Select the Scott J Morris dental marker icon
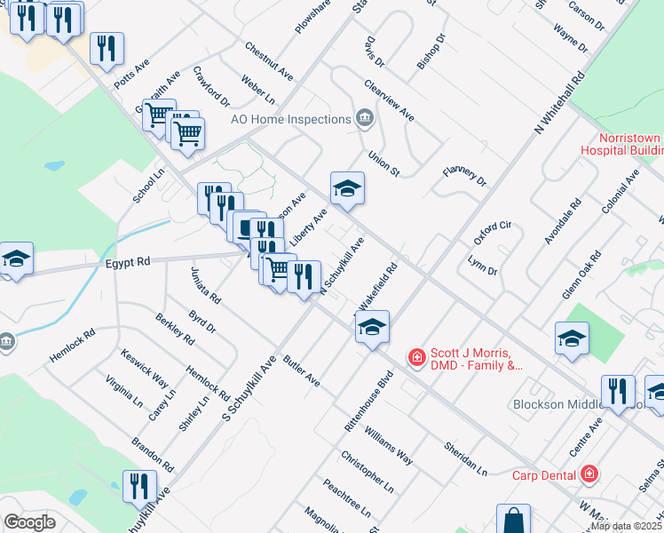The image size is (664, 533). pos(415,357)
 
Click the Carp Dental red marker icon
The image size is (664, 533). pos(589,475)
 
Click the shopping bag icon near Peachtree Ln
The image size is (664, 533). pos(513,519)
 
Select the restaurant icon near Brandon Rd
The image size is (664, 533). pos(139,485)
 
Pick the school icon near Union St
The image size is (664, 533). pos(348,187)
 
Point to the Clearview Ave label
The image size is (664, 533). pos(389,100)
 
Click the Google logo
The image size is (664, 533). pos(29,521)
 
